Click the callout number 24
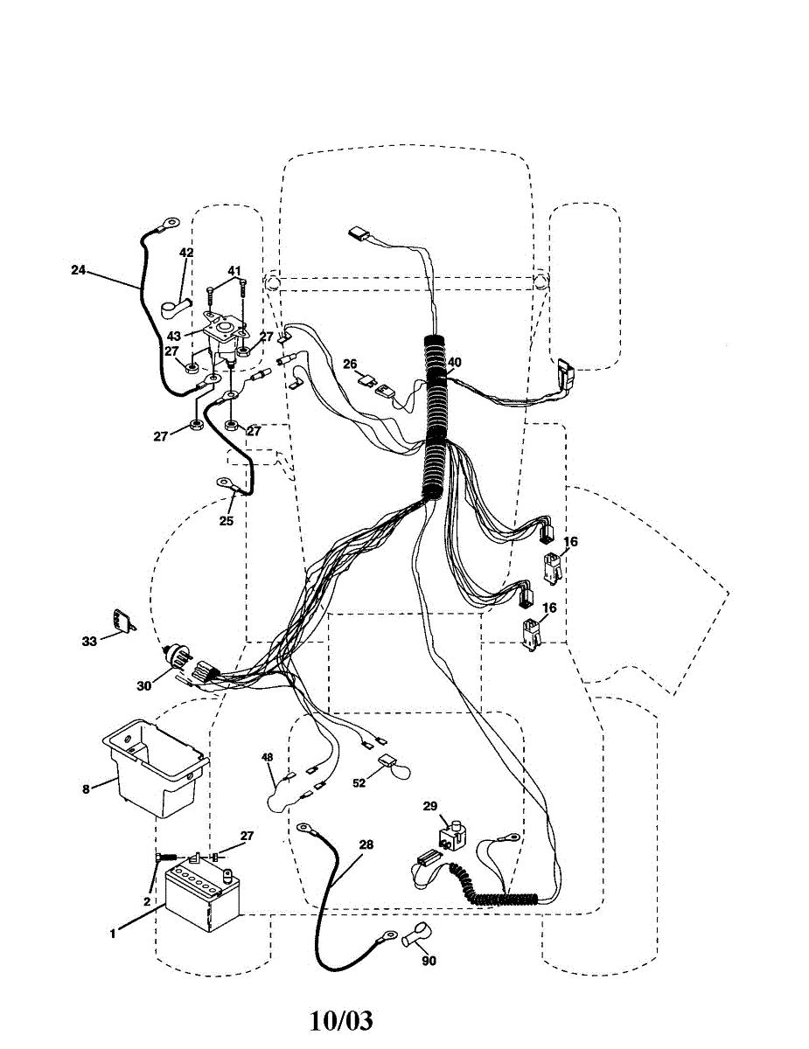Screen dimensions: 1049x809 (78, 270)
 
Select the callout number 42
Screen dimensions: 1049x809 (186, 253)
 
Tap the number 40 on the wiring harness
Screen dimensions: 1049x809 (454, 362)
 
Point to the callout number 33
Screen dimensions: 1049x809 (89, 641)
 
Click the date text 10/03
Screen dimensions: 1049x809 (341, 1019)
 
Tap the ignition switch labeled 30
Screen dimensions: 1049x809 (184, 662)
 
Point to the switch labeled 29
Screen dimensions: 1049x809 (451, 835)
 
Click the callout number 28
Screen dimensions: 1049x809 (366, 844)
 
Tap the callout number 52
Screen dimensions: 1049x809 (359, 783)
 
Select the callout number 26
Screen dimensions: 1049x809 (350, 364)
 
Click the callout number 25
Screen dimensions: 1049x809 (227, 521)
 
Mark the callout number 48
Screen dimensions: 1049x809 (267, 757)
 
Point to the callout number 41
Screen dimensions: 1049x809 (234, 270)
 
